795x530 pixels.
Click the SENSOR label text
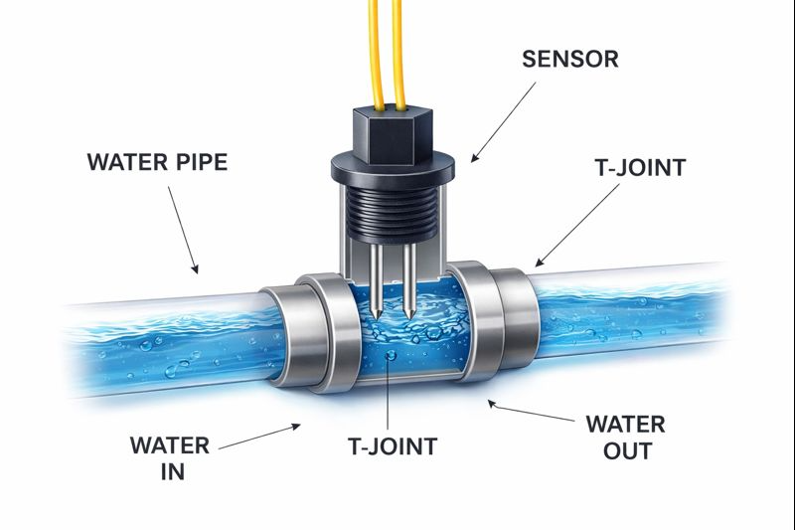[x=569, y=59]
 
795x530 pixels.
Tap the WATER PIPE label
[x=158, y=162]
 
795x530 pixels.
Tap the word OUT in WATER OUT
[x=625, y=451]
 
